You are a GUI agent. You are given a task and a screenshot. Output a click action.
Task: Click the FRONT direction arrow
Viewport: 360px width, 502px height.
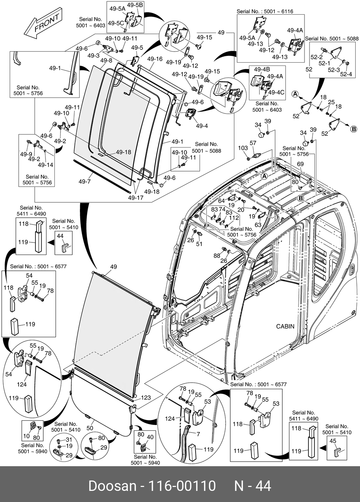pyautogui.click(x=43, y=24)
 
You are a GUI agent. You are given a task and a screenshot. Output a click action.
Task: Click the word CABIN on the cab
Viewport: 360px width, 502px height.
pyautogui.click(x=285, y=326)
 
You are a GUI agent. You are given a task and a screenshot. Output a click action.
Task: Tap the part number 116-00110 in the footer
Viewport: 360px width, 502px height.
pyautogui.click(x=182, y=486)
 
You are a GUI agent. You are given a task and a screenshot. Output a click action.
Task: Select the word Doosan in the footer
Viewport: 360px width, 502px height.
pyautogui.click(x=112, y=486)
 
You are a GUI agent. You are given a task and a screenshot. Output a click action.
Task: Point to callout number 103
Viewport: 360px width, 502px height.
pyautogui.click(x=243, y=148)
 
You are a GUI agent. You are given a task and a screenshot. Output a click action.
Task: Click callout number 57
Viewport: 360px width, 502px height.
pyautogui.click(x=253, y=143)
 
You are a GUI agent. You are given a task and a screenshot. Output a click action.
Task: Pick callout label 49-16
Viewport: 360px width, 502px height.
pyautogui.click(x=155, y=59)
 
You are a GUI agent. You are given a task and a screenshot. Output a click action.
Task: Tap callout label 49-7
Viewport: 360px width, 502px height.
pyautogui.click(x=85, y=182)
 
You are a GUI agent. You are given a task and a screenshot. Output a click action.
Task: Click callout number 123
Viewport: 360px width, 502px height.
pyautogui.click(x=146, y=397)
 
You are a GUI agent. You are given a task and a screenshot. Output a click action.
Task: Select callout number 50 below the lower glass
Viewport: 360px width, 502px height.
pyautogui.click(x=90, y=428)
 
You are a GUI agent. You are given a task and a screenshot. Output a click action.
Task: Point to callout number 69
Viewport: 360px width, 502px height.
pyautogui.click(x=300, y=164)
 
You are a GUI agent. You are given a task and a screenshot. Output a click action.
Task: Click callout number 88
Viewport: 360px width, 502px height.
pyautogui.click(x=217, y=256)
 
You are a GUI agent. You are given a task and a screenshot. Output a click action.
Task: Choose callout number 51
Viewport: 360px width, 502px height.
pyautogui.click(x=199, y=244)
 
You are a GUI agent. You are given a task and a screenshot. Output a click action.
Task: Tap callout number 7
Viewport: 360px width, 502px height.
pyautogui.click(x=198, y=434)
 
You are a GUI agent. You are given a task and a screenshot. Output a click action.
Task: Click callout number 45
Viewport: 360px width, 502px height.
pyautogui.click(x=333, y=441)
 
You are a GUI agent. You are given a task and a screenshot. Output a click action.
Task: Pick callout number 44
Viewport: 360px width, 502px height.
pyautogui.click(x=60, y=236)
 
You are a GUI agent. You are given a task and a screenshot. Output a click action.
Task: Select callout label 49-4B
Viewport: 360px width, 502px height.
pyautogui.click(x=262, y=69)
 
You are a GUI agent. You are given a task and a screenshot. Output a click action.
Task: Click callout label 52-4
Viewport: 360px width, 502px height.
pyautogui.click(x=346, y=74)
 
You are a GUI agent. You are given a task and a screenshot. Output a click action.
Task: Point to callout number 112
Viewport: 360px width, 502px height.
pyautogui.click(x=234, y=218)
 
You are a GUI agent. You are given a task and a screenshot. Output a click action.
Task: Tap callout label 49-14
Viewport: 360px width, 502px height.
pyautogui.click(x=45, y=165)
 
